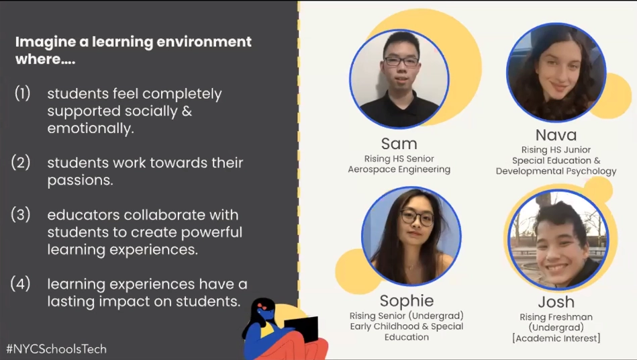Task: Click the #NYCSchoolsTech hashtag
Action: pyautogui.click(x=56, y=349)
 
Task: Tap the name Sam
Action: pyautogui.click(x=399, y=144)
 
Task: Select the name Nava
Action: pyautogui.click(x=556, y=135)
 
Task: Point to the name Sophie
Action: pyautogui.click(x=407, y=301)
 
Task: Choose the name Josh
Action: pyautogui.click(x=556, y=302)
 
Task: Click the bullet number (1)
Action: pyautogui.click(x=22, y=93)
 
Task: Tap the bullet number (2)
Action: pyautogui.click(x=21, y=162)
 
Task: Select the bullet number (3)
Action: pyautogui.click(x=21, y=214)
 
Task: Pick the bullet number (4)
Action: pyautogui.click(x=20, y=283)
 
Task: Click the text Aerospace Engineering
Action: pyautogui.click(x=399, y=169)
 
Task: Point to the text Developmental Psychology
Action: pyautogui.click(x=556, y=171)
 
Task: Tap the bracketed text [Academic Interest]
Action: pyautogui.click(x=556, y=338)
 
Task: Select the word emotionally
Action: pyautogui.click(x=91, y=128)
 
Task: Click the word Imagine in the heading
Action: pyautogui.click(x=46, y=42)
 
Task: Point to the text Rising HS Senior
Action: pyautogui.click(x=399, y=159)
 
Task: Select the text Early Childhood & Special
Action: pyautogui.click(x=407, y=326)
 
